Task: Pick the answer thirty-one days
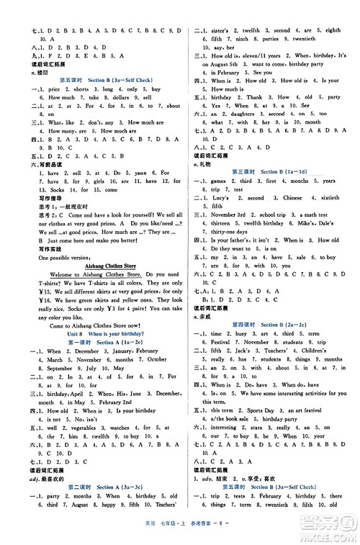pos(228,232)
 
